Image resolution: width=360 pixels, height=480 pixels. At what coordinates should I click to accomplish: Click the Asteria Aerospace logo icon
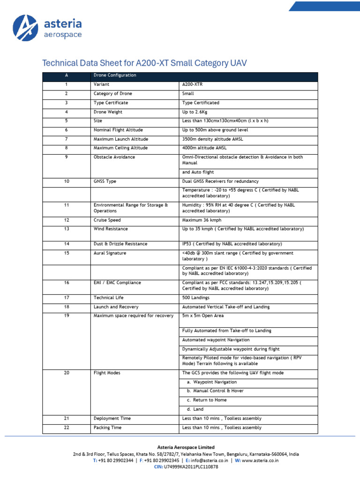(x=25, y=28)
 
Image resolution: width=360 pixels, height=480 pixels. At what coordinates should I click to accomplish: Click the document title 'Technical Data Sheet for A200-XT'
(x=144, y=63)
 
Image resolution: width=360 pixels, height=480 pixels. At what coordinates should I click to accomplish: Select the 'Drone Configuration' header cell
(x=115, y=75)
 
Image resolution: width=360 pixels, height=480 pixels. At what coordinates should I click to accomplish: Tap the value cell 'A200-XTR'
(x=193, y=84)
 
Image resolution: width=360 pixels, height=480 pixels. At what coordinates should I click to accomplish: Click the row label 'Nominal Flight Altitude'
(x=118, y=130)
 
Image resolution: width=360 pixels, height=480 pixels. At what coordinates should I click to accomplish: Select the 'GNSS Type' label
(x=105, y=181)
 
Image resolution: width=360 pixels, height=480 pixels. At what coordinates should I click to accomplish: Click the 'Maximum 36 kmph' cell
(x=202, y=220)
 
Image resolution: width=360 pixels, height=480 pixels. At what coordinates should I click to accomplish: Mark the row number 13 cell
(x=67, y=229)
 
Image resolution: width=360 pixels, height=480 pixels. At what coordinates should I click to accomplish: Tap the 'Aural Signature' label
(x=110, y=253)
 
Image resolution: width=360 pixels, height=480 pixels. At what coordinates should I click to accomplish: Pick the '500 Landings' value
(x=195, y=298)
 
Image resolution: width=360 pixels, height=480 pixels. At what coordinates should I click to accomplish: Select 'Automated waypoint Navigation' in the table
(x=216, y=340)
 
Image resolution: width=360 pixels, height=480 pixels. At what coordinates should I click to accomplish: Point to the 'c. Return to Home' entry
(x=206, y=400)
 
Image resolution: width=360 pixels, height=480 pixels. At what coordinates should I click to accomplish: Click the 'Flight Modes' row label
(x=107, y=373)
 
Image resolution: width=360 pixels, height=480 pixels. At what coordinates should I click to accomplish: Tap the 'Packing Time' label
(x=107, y=427)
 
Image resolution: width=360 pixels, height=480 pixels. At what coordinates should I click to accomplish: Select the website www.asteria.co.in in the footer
(x=260, y=461)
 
